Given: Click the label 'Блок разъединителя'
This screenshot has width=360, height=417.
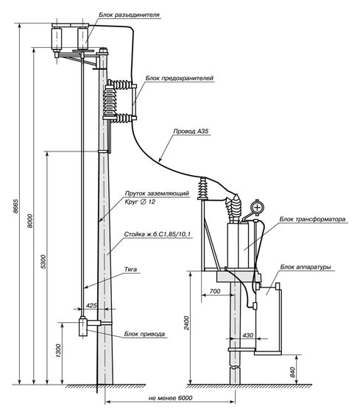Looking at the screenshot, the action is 129,15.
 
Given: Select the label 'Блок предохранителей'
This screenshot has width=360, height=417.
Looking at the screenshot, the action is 180,78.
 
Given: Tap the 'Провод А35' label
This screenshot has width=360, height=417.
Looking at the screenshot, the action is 191,131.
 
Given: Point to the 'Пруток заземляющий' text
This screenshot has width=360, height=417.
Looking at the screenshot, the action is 157,193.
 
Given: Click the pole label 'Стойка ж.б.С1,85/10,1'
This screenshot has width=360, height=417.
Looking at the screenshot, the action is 158,235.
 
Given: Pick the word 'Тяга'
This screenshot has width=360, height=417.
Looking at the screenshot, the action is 131,269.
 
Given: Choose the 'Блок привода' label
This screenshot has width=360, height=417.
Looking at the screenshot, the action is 144,334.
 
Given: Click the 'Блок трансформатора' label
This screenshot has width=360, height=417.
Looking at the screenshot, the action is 312,219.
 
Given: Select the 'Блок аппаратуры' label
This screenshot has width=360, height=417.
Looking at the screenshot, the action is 306,267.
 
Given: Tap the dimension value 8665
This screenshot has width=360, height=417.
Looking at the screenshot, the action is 15,206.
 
